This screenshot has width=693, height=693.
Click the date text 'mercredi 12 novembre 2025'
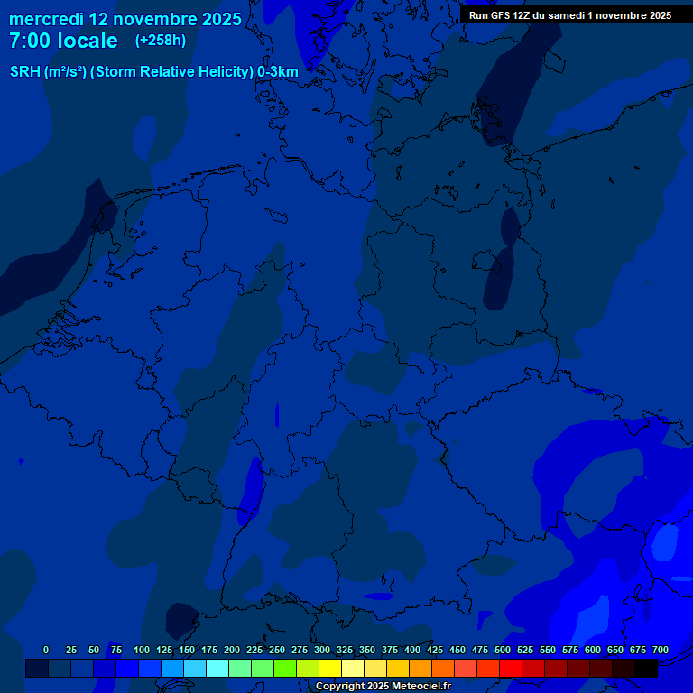point(125,19)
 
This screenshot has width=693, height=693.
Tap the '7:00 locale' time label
point(63,41)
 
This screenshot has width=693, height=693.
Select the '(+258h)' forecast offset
point(161,41)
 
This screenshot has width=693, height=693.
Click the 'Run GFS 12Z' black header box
point(569,15)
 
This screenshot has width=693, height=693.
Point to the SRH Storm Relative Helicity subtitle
point(153,72)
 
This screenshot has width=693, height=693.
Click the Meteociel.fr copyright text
point(383,687)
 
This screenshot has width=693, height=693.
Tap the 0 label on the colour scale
point(46,650)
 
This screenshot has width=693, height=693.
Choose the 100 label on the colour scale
point(142,650)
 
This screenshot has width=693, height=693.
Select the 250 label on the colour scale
point(277,650)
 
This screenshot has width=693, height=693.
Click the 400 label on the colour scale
point(412,650)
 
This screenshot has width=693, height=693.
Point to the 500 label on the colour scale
point(503,650)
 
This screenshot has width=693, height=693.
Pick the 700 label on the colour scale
point(661,650)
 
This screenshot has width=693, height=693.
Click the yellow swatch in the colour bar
point(330,668)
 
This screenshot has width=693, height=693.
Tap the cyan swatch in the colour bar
point(217,668)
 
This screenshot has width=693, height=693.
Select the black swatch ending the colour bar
point(646,668)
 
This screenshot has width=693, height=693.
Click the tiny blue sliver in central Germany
point(277,414)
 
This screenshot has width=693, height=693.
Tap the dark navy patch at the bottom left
point(182,620)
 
